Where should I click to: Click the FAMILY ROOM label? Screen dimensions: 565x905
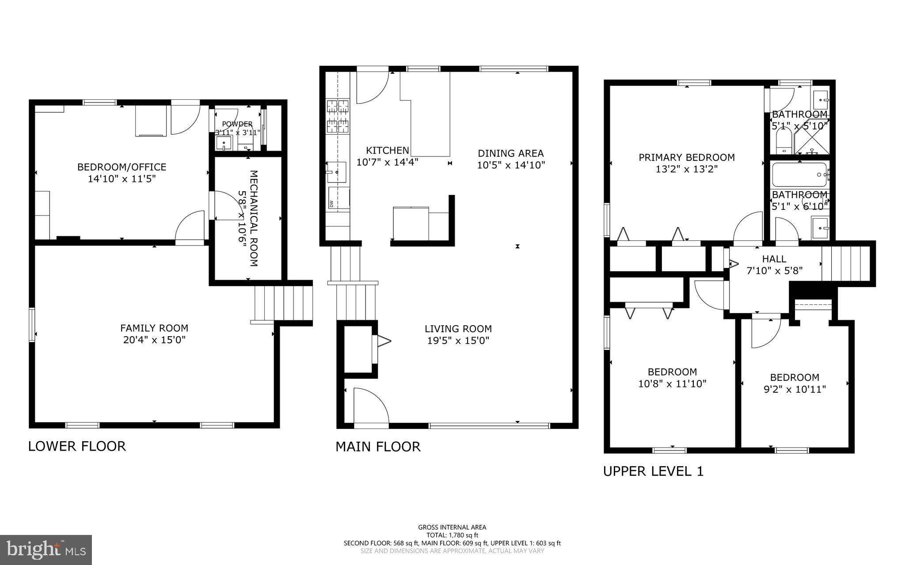pyautogui.click(x=154, y=328)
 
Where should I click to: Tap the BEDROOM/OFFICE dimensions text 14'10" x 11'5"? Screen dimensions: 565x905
pyautogui.click(x=122, y=179)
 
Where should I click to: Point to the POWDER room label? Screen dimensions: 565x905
pyautogui.click(x=237, y=124)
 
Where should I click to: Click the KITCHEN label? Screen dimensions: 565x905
pyautogui.click(x=387, y=150)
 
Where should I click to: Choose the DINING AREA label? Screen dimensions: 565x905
pyautogui.click(x=510, y=153)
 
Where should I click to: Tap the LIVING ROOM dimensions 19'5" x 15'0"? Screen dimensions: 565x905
pyautogui.click(x=458, y=341)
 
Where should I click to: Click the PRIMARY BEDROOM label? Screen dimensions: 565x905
pyautogui.click(x=686, y=157)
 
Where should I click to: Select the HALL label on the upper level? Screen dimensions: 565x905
pyautogui.click(x=774, y=259)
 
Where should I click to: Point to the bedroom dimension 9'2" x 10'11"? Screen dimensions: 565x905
pyautogui.click(x=795, y=389)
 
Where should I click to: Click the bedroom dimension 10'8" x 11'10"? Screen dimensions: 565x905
pyautogui.click(x=672, y=383)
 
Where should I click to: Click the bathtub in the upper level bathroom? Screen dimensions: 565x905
pyautogui.click(x=799, y=175)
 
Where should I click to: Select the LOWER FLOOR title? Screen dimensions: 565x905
pyautogui.click(x=77, y=446)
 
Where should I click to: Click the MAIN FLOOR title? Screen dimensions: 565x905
pyautogui.click(x=378, y=447)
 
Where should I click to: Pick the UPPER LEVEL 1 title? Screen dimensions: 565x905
pyautogui.click(x=653, y=471)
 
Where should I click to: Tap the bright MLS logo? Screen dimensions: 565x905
pyautogui.click(x=46, y=550)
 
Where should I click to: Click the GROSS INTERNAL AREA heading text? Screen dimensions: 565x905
pyautogui.click(x=452, y=527)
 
